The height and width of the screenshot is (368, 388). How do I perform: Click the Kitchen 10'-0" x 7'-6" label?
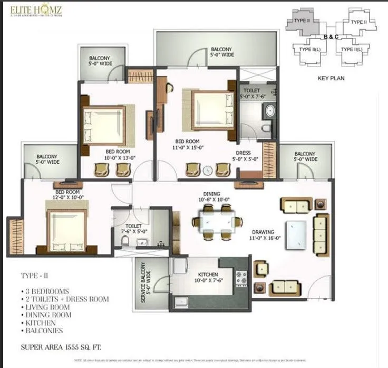pos(208,278)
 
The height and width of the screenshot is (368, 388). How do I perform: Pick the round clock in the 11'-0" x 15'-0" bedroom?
pos(207,171)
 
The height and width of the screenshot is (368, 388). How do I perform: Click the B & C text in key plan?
pos(331,36)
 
